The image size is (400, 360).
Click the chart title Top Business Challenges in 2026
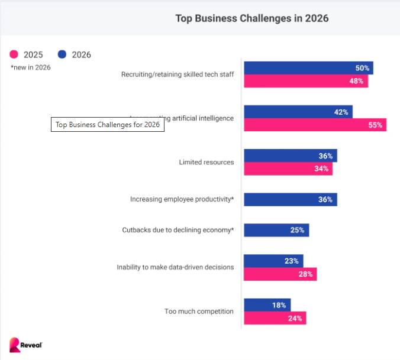coord(251,18)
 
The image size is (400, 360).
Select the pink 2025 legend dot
coord(14,54)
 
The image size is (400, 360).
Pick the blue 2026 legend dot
coord(62,54)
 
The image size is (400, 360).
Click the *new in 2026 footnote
coord(30,67)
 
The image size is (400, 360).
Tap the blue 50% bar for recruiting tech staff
coord(308,68)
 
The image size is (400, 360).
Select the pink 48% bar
coord(305,81)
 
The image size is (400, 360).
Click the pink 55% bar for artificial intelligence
coord(315,125)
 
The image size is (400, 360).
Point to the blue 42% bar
coord(298,112)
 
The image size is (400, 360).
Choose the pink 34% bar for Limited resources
coord(288,169)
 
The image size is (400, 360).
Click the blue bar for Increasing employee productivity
coord(290,199)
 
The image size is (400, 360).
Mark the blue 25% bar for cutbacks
coord(276,230)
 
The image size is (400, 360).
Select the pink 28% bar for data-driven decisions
coord(280,274)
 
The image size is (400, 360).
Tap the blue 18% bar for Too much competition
coord(267,305)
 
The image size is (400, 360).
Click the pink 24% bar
coord(275,318)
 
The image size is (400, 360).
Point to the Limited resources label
coord(206,162)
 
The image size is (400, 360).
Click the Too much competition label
coord(198,311)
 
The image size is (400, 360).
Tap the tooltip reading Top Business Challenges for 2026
coord(108,125)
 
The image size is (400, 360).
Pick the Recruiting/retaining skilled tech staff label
coord(177,74)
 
